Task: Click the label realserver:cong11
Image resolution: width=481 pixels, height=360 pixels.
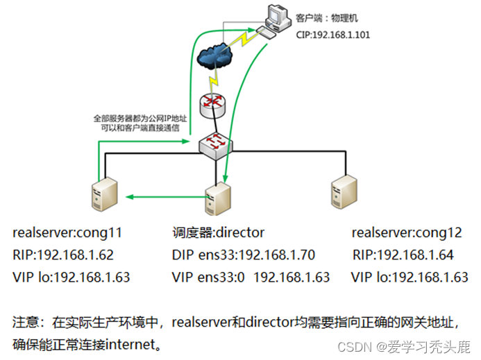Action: pyautogui.click(x=67, y=232)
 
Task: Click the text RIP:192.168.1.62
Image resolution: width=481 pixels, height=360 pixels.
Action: pyautogui.click(x=63, y=255)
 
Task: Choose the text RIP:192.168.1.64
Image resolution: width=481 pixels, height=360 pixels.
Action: pyautogui.click(x=403, y=255)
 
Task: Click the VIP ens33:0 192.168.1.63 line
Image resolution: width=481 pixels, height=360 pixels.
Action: pyautogui.click(x=251, y=277)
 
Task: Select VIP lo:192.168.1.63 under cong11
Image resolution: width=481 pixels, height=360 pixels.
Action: pyautogui.click(x=71, y=277)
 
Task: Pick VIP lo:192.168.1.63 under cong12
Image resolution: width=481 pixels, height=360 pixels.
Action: pyautogui.click(x=410, y=277)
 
